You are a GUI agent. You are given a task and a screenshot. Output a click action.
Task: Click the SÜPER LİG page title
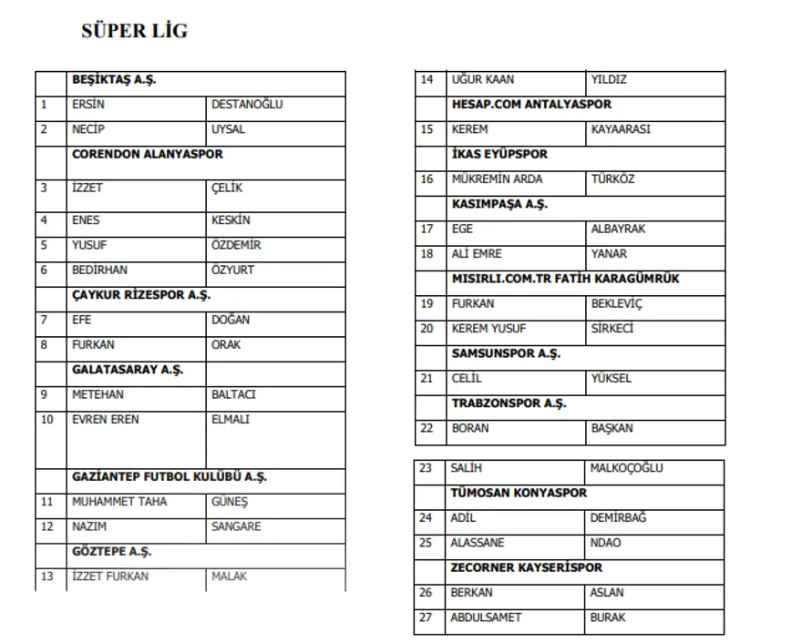pyautogui.click(x=134, y=31)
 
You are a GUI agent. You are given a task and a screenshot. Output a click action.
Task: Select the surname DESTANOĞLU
pyautogui.click(x=247, y=105)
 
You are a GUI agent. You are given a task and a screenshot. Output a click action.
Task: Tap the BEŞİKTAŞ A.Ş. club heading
pyautogui.click(x=114, y=80)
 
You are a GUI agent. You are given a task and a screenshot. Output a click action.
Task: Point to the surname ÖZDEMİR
pyautogui.click(x=236, y=245)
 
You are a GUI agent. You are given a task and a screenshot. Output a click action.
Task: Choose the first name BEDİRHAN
pyautogui.click(x=100, y=270)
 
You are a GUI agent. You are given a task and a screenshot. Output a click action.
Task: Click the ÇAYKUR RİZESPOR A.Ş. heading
pyautogui.click(x=141, y=295)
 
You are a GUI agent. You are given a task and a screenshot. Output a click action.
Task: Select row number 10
pyautogui.click(x=47, y=420)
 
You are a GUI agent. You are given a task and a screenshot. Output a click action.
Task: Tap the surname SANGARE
pyautogui.click(x=236, y=526)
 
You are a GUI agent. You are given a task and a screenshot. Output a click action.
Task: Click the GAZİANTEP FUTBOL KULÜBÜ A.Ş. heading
pyautogui.click(x=170, y=476)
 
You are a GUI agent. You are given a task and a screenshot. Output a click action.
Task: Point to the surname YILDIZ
pyautogui.click(x=609, y=80)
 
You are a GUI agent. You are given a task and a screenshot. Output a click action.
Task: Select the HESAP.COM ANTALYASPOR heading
pyautogui.click(x=531, y=105)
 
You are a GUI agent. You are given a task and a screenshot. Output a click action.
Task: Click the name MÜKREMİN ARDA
pyautogui.click(x=497, y=179)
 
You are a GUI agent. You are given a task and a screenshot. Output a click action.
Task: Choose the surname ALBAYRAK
pyautogui.click(x=617, y=229)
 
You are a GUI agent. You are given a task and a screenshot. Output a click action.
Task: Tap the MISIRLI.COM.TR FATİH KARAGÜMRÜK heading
pyautogui.click(x=565, y=279)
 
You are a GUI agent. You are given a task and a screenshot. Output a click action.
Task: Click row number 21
pyautogui.click(x=427, y=379)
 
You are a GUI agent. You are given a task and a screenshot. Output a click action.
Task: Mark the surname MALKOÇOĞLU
pyautogui.click(x=627, y=468)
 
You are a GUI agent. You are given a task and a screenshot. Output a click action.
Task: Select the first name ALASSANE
pyautogui.click(x=477, y=543)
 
